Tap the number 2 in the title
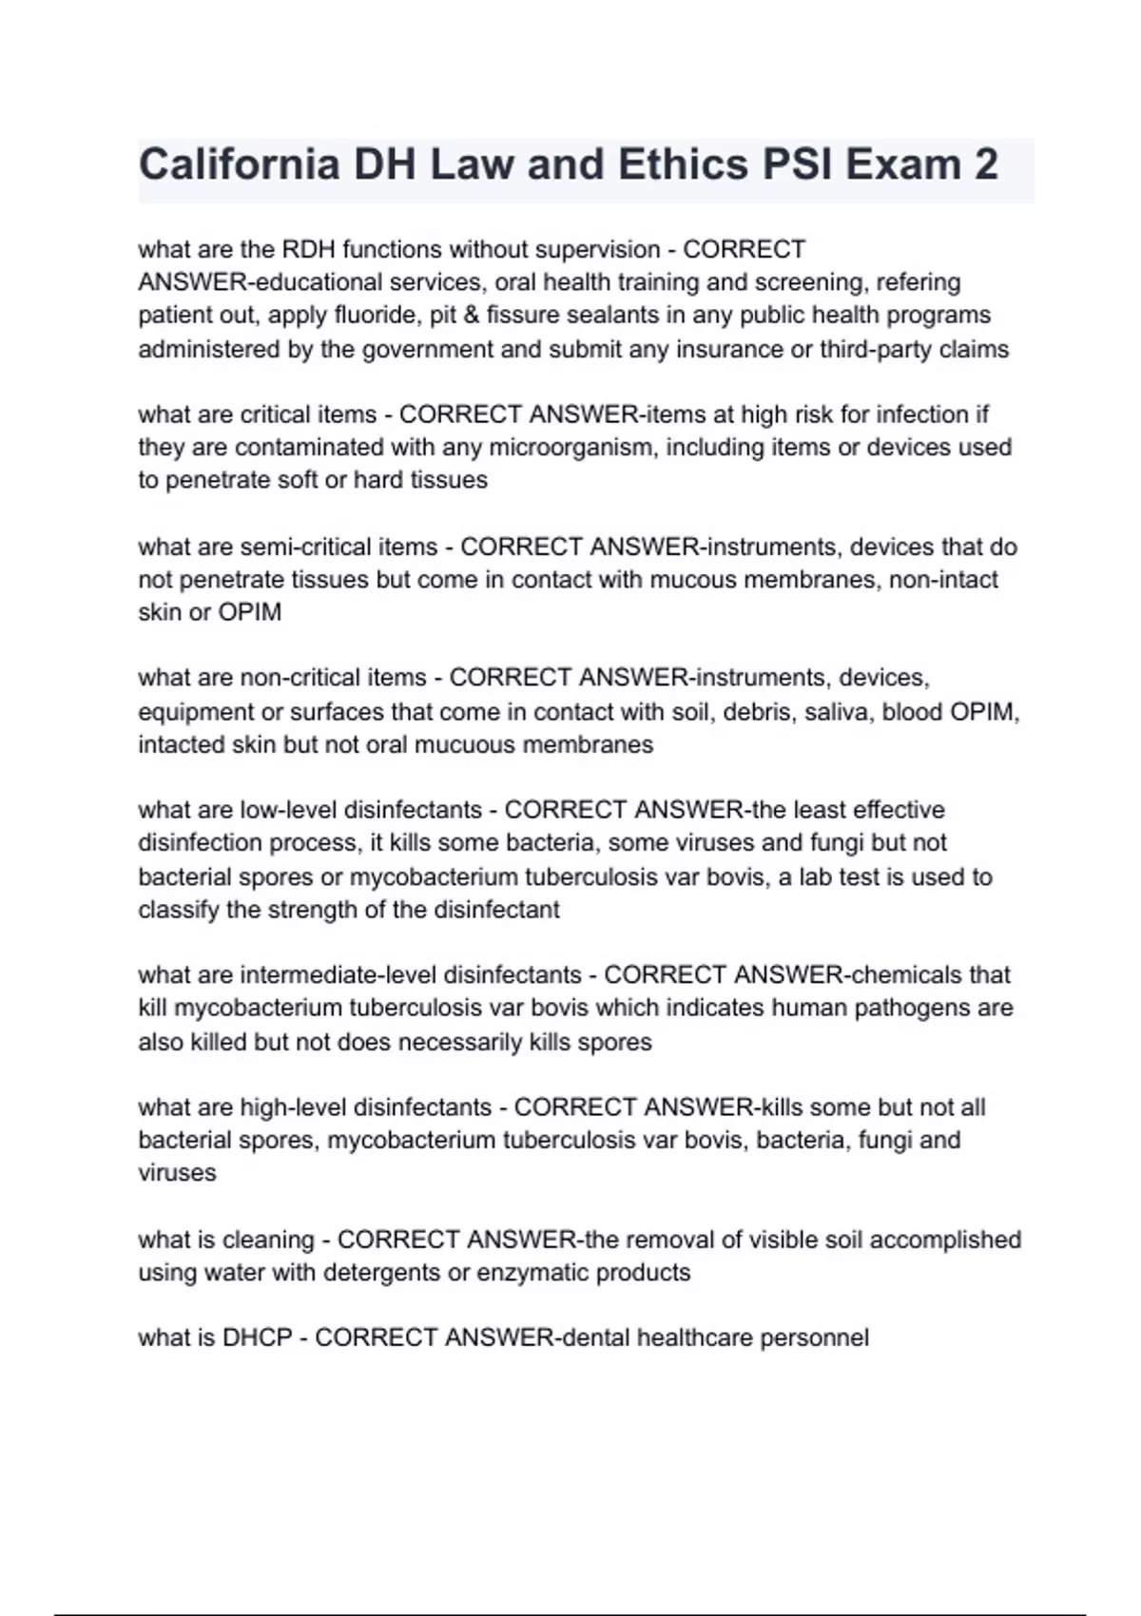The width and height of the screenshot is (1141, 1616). (986, 165)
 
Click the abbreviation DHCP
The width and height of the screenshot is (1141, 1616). (257, 1338)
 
